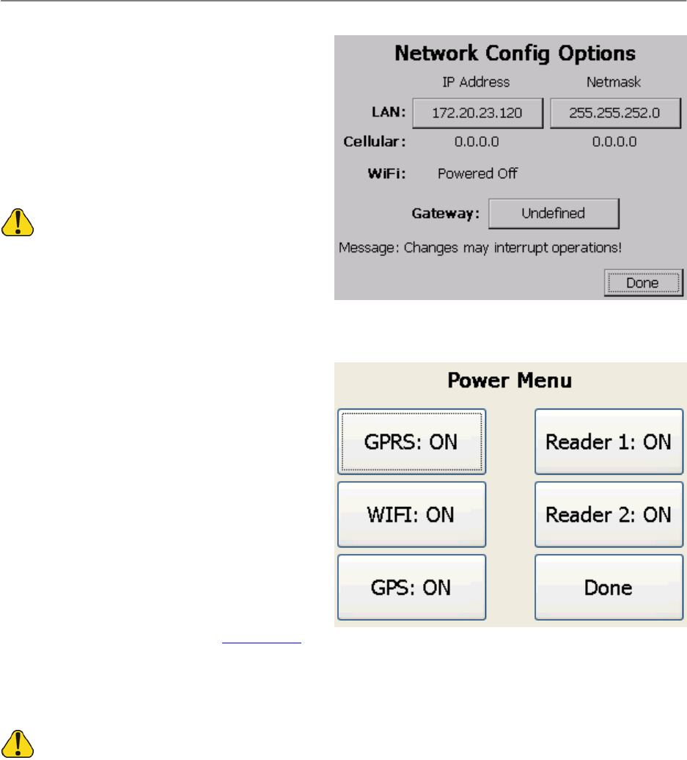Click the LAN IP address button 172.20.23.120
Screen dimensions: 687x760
tap(477, 113)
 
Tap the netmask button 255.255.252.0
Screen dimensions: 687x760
tap(616, 113)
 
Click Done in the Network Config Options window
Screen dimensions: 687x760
tap(643, 282)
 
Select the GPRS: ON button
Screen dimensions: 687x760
tap(411, 442)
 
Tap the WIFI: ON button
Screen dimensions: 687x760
tap(411, 514)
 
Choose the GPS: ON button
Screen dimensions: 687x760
tap(411, 588)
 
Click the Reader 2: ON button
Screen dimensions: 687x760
tap(609, 514)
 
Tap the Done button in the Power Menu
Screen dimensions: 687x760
tap(609, 588)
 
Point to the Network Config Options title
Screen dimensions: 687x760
tap(515, 54)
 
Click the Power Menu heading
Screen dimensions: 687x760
tap(510, 381)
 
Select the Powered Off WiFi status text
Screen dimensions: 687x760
tap(477, 174)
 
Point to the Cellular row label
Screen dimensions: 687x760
tap(375, 142)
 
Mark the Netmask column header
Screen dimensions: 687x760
tap(614, 82)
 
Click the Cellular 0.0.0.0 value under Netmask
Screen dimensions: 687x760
tap(614, 142)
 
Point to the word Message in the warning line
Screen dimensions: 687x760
tap(361, 247)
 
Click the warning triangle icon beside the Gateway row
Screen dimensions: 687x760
tap(18, 222)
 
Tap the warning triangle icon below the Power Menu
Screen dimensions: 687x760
tap(18, 745)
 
